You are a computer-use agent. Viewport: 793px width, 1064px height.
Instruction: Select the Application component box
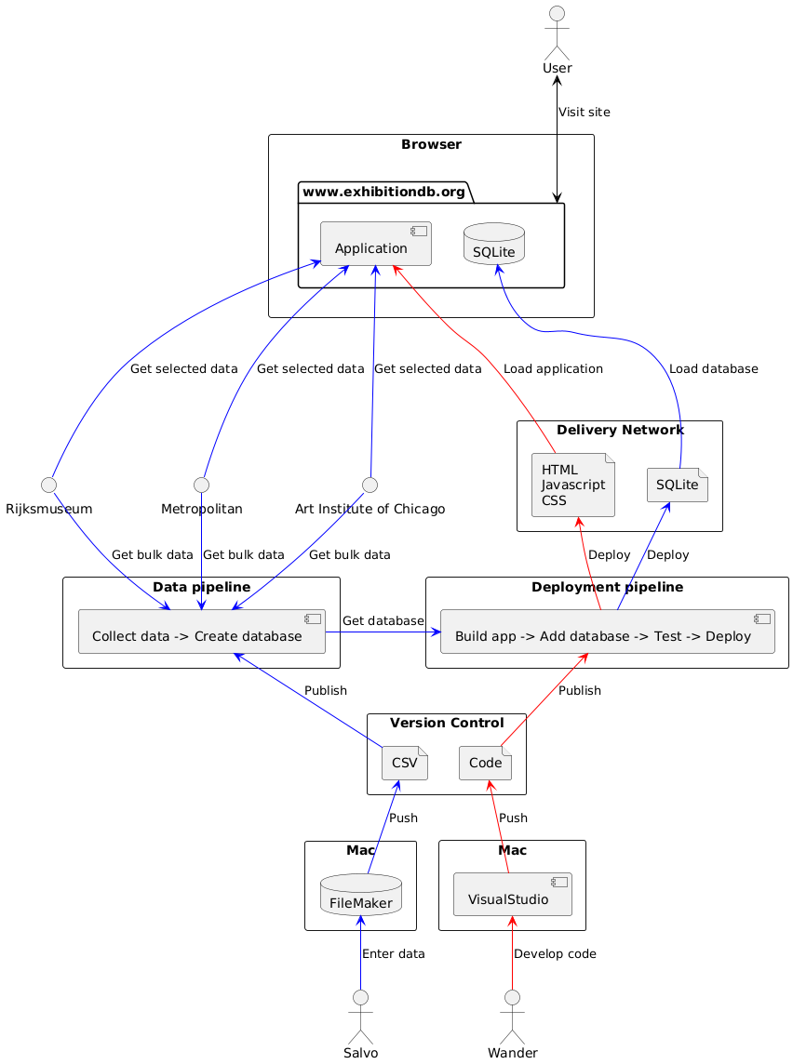[375, 245]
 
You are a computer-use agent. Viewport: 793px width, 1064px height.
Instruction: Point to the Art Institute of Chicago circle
[370, 485]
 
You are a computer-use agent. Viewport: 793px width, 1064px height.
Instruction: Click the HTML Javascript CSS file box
[572, 484]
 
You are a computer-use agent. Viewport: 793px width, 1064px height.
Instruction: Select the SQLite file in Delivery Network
[678, 484]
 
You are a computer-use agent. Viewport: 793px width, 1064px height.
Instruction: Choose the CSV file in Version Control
[405, 764]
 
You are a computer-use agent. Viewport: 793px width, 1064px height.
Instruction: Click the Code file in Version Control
[486, 764]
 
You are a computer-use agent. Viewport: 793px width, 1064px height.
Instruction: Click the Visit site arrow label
[585, 113]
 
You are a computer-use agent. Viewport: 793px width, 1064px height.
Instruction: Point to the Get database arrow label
[383, 620]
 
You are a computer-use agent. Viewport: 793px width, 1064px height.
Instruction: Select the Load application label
[553, 369]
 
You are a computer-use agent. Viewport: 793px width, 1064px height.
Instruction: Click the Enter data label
[393, 953]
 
